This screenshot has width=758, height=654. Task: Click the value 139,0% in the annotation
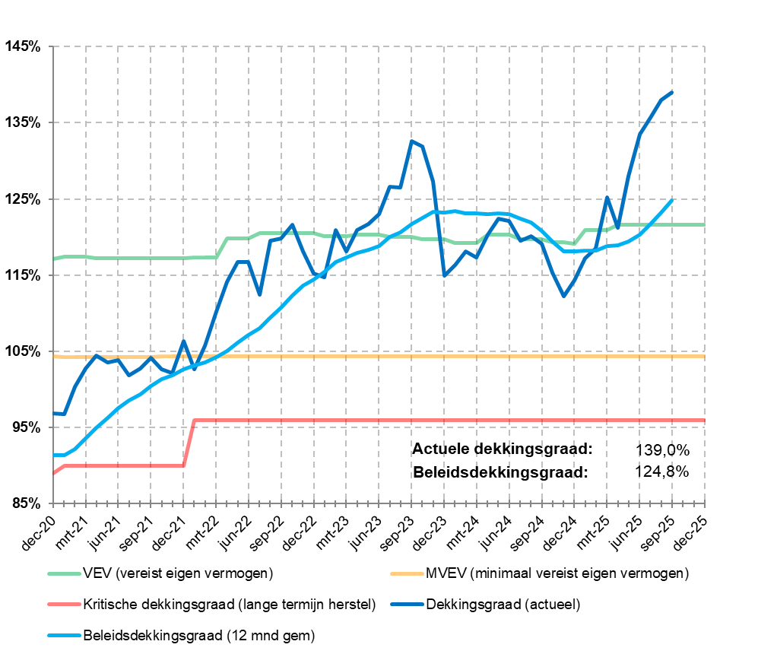pyautogui.click(x=661, y=449)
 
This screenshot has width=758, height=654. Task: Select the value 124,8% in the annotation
pyautogui.click(x=661, y=471)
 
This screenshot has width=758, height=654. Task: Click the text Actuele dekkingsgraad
pyautogui.click(x=502, y=449)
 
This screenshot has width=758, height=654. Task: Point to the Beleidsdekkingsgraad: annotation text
pyautogui.click(x=501, y=471)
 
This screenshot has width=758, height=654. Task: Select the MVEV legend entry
pyautogui.click(x=556, y=572)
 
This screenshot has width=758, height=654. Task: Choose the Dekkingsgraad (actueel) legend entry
pyautogui.click(x=503, y=605)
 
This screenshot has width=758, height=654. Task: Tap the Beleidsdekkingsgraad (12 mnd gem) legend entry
pyautogui.click(x=198, y=633)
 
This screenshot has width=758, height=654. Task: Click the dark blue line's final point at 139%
pyautogui.click(x=672, y=92)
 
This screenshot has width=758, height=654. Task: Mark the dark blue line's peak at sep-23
pyautogui.click(x=411, y=141)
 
